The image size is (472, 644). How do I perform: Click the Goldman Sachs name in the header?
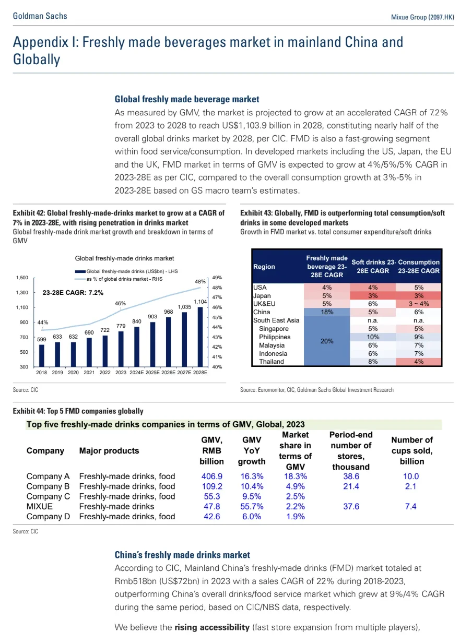(x=40, y=16)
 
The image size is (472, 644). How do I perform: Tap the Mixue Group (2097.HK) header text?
(x=422, y=17)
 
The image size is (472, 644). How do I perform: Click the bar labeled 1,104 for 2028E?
(x=200, y=337)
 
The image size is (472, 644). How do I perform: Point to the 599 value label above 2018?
(x=42, y=339)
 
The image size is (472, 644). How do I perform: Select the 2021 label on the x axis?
(x=89, y=373)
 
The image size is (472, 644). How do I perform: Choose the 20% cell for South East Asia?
(x=327, y=340)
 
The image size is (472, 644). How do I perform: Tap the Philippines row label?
(x=275, y=337)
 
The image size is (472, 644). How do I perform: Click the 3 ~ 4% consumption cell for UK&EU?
(x=418, y=304)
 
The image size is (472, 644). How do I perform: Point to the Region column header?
(x=264, y=267)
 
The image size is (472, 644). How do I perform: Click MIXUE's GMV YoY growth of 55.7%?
(x=252, y=506)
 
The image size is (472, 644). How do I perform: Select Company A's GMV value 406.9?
(x=211, y=476)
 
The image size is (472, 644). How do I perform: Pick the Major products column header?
(x=109, y=450)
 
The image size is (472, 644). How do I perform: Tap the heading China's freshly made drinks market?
(x=182, y=555)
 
